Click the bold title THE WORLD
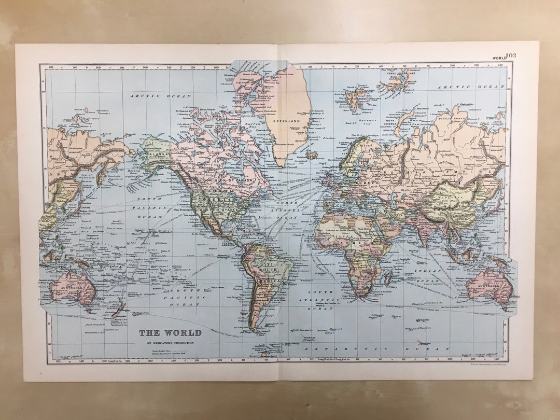170,332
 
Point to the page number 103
511,55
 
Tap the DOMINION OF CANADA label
229,180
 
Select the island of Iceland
311,154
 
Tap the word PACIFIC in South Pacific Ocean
184,297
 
